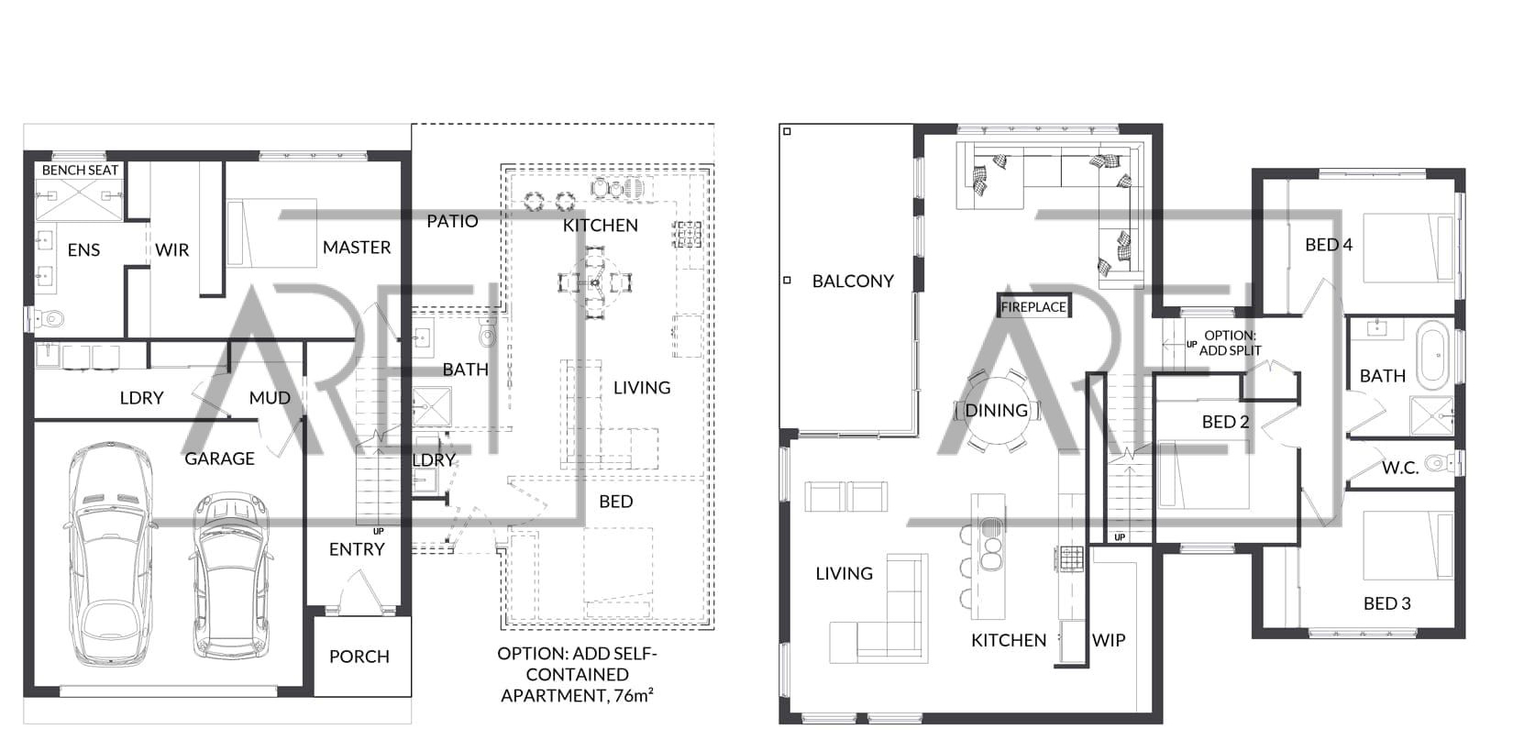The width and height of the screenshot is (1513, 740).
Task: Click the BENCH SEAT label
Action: (x=80, y=171)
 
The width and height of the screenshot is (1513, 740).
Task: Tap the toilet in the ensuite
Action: (x=50, y=317)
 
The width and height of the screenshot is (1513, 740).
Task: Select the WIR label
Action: (x=172, y=250)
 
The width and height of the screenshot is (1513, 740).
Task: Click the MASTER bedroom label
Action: (x=357, y=248)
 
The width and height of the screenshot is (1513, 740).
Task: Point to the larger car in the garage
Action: (x=108, y=554)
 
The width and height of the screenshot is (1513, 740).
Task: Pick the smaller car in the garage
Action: (x=231, y=575)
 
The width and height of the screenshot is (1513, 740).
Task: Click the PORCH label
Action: (x=359, y=657)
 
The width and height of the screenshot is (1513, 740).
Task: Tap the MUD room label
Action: (x=270, y=398)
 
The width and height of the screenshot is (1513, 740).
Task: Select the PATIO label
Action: (x=453, y=222)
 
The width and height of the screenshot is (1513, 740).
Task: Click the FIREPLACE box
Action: (x=1033, y=306)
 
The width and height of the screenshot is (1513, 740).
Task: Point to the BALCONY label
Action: (x=853, y=281)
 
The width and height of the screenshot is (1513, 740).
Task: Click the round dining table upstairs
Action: (x=997, y=410)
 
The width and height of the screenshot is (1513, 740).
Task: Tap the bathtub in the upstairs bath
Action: (x=1433, y=355)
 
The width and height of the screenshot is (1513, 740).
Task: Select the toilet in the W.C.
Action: (x=1440, y=464)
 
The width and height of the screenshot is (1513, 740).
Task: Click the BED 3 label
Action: (x=1387, y=603)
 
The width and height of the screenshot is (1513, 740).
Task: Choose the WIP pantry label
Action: (x=1110, y=640)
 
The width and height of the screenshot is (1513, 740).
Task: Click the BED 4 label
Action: (x=1329, y=245)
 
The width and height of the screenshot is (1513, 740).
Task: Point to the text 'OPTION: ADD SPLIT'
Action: (x=1230, y=343)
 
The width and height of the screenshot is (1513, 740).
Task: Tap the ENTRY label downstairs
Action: (x=357, y=549)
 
